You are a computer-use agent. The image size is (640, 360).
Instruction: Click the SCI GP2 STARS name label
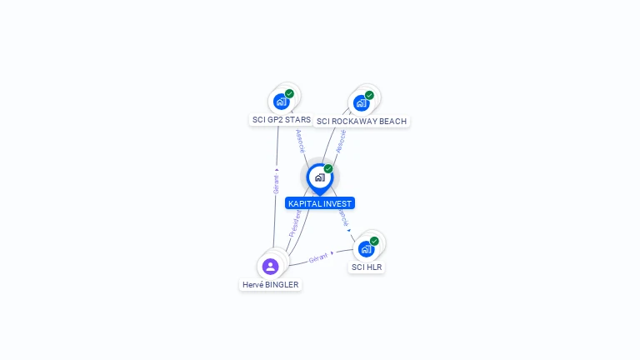(281, 120)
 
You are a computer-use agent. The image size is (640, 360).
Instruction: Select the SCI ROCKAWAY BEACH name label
(362, 122)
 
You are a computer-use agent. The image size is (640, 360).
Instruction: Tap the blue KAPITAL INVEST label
(320, 203)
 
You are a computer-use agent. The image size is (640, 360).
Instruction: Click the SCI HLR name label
(367, 267)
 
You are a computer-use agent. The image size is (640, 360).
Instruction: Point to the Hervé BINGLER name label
(270, 285)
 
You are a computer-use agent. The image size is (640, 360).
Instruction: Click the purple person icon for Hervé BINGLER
(270, 267)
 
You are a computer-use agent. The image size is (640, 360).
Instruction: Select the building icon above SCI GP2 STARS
(281, 102)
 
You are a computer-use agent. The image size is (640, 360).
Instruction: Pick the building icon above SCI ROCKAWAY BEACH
(361, 103)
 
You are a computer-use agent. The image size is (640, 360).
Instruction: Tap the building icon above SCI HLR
(366, 249)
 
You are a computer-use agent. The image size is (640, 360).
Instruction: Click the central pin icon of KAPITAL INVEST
(319, 177)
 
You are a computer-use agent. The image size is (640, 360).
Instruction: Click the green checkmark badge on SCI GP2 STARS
(289, 93)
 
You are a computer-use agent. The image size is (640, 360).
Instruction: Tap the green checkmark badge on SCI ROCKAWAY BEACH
(369, 95)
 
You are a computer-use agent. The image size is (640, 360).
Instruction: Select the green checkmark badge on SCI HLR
(374, 241)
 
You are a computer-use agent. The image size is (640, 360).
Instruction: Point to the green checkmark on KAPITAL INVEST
(328, 169)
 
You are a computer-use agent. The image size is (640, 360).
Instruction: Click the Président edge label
(295, 223)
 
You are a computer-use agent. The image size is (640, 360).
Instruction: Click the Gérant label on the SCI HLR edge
(318, 258)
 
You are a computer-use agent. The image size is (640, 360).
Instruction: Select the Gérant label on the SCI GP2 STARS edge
(276, 182)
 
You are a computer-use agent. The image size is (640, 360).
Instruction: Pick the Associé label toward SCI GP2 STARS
(301, 140)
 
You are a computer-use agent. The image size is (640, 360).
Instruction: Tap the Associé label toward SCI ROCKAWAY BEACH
(341, 141)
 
